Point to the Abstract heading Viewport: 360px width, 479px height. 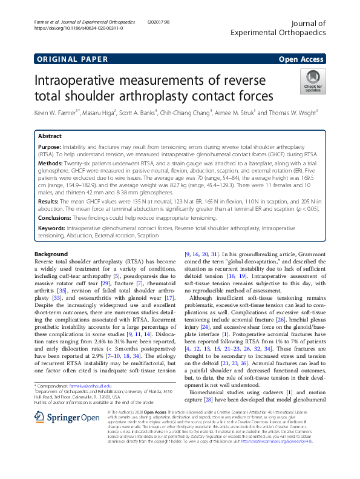pos(50,136)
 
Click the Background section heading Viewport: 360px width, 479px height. pos(51,254)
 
